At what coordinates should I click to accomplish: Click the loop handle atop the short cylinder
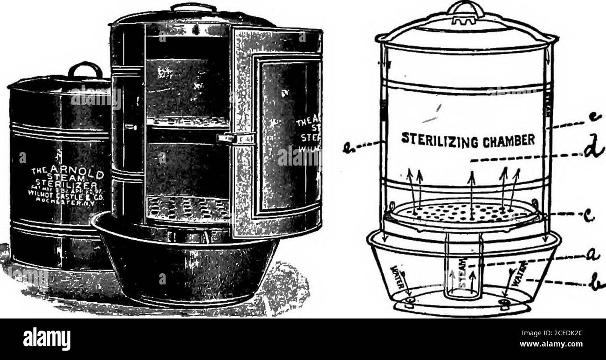tap(85, 69)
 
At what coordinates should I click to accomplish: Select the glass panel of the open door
tap(284, 135)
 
